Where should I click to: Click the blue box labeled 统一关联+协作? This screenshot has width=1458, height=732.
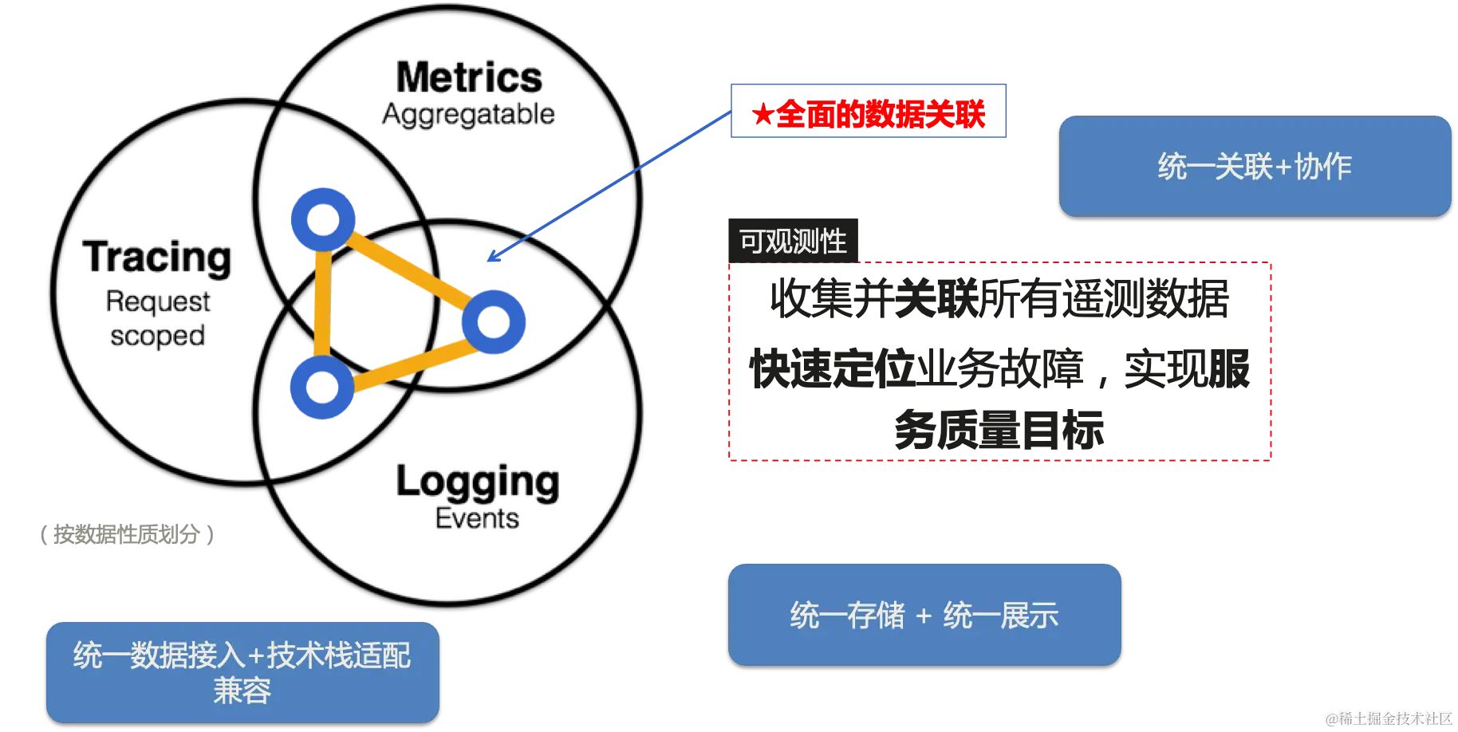point(1255,166)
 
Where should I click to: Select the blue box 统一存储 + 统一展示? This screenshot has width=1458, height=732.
point(924,614)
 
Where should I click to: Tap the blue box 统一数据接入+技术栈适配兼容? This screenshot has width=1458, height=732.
point(242,671)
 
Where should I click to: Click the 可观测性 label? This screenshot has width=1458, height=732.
point(793,241)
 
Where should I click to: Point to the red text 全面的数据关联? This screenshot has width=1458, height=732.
point(881,114)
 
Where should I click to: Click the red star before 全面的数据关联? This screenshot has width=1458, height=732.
point(760,114)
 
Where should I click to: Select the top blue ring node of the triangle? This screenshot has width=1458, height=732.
point(322,218)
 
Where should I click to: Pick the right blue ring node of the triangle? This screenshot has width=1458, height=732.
point(494,321)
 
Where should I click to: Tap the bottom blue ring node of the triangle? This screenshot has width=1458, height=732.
point(321,388)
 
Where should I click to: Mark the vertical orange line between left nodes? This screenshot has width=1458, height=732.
point(322,303)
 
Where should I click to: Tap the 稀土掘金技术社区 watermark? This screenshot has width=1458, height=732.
point(1387,718)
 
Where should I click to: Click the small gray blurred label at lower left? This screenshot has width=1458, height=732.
point(128,536)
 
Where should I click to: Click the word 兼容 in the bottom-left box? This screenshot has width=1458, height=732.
point(242,691)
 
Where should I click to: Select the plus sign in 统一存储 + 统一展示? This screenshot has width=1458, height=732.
point(924,616)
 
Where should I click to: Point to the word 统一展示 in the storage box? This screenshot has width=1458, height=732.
point(1000,616)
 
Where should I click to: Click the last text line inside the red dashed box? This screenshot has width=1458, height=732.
point(999,431)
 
